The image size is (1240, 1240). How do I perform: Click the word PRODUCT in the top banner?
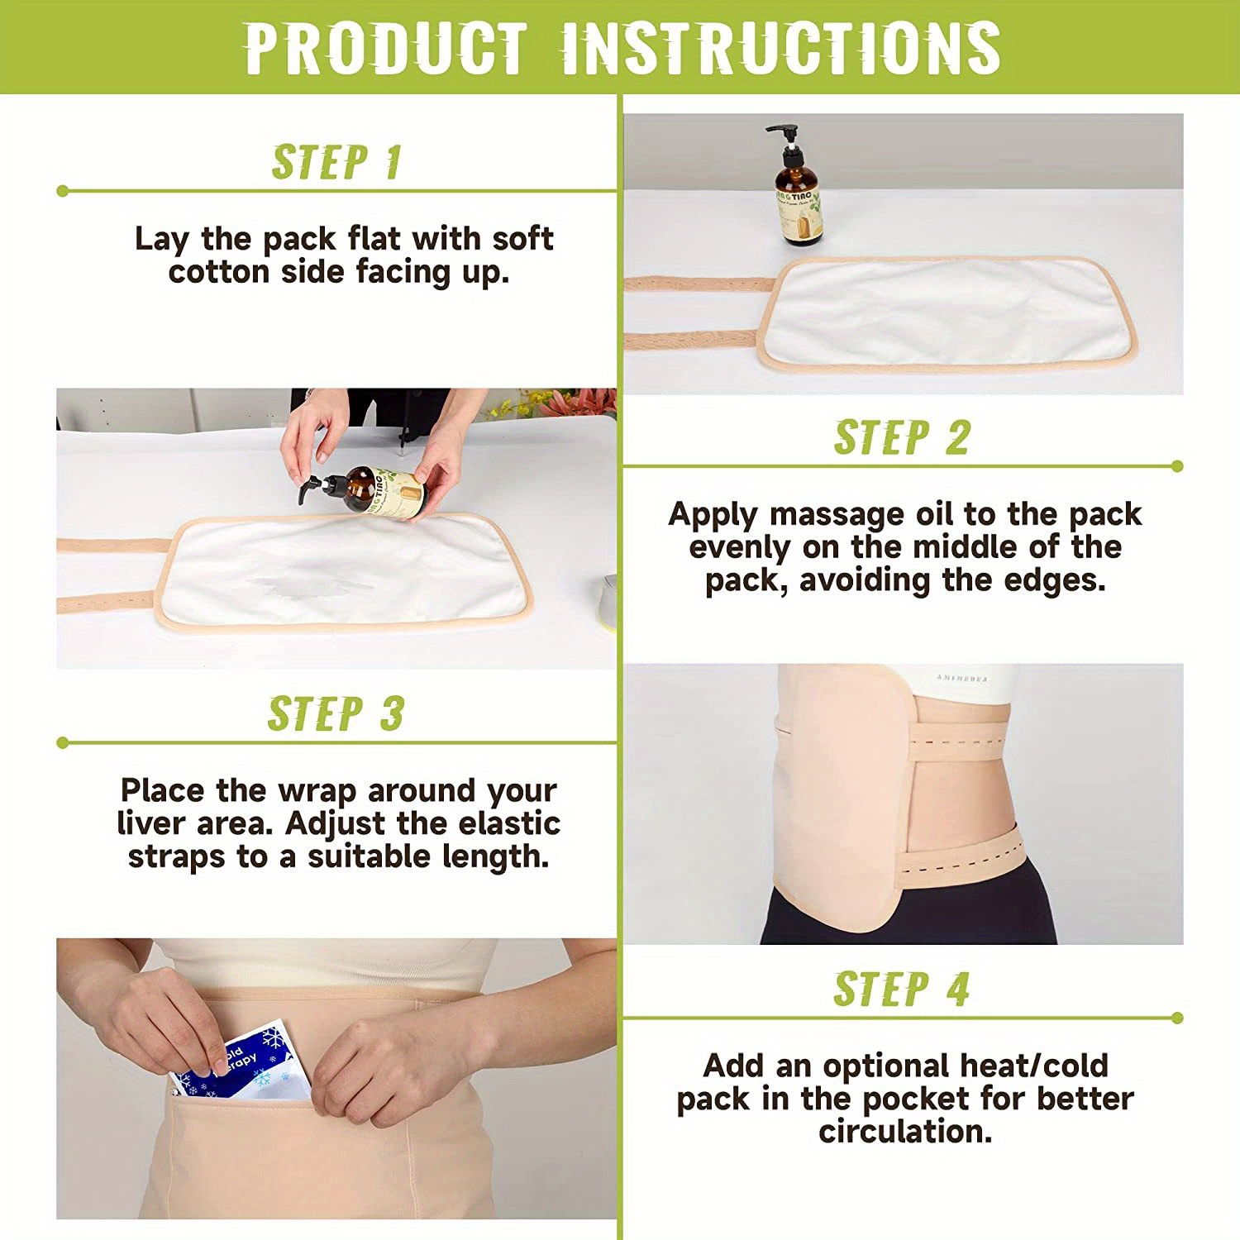(385, 48)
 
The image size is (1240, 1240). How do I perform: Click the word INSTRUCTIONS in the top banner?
(781, 48)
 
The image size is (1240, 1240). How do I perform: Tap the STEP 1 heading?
(336, 162)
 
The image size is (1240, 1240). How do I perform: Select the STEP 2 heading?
(901, 437)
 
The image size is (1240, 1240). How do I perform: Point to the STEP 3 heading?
(336, 713)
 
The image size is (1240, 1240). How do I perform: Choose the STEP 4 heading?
(901, 989)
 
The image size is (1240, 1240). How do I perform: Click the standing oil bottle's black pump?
(785, 137)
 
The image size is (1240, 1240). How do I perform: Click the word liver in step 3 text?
(151, 824)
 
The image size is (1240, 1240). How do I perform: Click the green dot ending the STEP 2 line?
(1177, 466)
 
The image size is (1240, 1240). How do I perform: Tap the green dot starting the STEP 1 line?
(63, 191)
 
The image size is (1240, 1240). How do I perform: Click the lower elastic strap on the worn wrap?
(959, 860)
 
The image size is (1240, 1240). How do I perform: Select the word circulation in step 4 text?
(905, 1132)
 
